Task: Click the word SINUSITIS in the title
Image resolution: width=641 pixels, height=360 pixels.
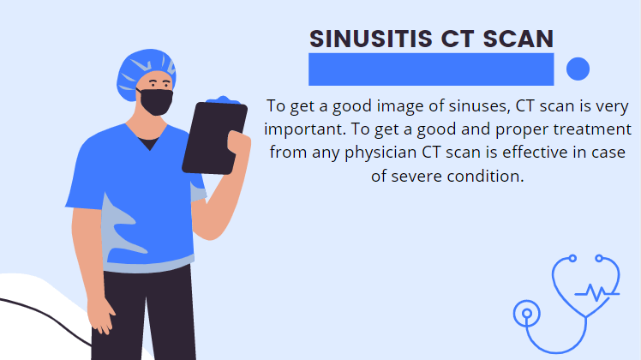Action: coord(371,39)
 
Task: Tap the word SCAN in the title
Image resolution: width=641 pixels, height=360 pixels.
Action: coord(518,39)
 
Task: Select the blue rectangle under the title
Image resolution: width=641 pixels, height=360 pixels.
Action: coord(431,69)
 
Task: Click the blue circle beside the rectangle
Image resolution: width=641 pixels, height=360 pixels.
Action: coord(578,69)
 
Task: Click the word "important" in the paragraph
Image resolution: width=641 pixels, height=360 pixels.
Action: coord(305,129)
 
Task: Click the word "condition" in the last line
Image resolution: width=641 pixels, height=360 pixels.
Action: coord(485,176)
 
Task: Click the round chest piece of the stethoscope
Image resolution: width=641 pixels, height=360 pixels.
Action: coord(526,314)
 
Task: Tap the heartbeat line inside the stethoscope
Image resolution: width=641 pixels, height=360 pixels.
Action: coord(596,292)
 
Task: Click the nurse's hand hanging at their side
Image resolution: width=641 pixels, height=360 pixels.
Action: coord(101,315)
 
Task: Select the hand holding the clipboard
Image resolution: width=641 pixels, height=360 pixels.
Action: coord(238,148)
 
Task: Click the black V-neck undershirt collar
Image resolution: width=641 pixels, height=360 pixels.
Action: coord(148,144)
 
